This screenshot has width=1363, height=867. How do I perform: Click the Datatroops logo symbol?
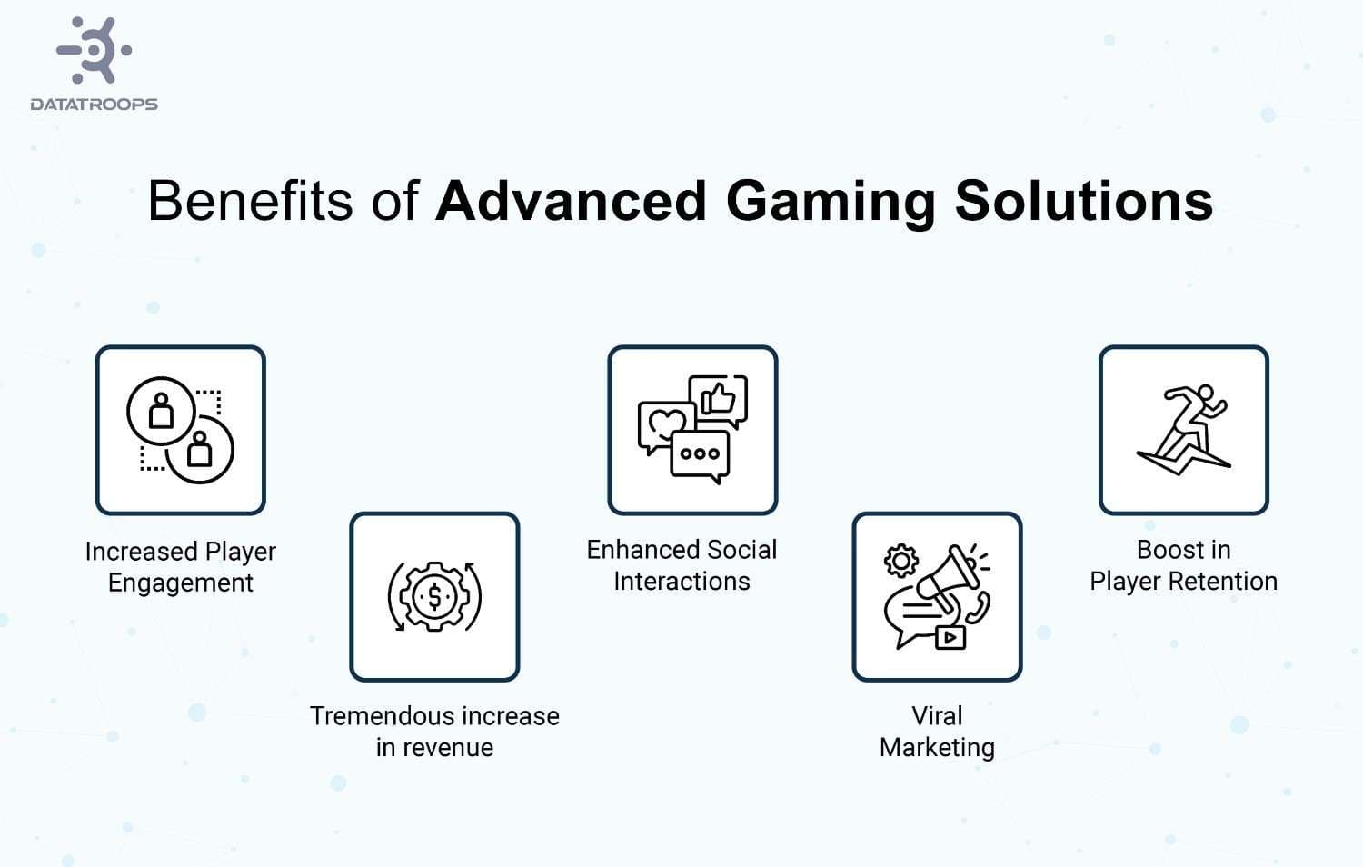95,51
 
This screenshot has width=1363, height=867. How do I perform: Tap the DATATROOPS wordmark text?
94,105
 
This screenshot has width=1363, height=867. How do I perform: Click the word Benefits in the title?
251,201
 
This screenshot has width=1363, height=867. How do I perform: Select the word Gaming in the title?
830,201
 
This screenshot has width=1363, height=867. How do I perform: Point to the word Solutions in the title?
1083,201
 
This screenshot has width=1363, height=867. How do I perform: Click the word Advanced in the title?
571,201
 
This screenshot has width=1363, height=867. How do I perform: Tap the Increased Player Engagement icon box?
180,430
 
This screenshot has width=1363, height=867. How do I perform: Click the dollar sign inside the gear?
434,597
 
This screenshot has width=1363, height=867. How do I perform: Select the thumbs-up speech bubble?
719,399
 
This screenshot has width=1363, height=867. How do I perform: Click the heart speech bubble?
666,425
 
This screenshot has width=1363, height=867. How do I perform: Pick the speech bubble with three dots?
700,453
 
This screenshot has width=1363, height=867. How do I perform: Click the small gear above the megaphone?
900,560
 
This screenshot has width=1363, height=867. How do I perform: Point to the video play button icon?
950,637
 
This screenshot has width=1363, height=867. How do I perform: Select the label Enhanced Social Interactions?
681,565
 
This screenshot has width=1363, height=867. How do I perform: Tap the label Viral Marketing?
937,732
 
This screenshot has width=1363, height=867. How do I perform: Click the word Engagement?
180,583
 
